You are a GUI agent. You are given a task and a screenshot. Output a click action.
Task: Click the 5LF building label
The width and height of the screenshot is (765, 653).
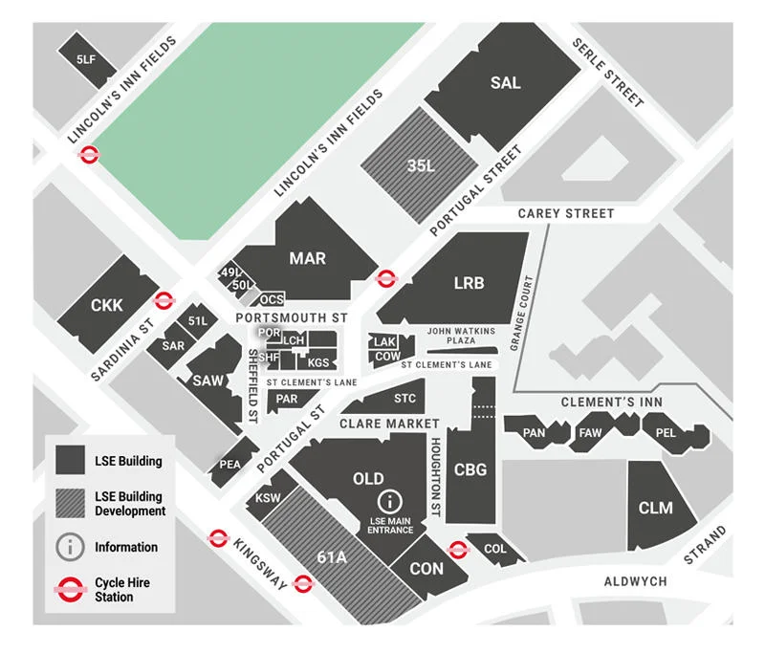pyautogui.click(x=86, y=59)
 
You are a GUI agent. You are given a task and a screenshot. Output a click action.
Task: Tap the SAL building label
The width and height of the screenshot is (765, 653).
pyautogui.click(x=505, y=83)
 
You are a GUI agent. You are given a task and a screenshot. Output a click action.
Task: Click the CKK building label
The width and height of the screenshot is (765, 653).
pyautogui.click(x=106, y=305)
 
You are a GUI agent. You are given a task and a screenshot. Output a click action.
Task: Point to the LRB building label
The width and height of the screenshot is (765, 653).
pyautogui.click(x=469, y=283)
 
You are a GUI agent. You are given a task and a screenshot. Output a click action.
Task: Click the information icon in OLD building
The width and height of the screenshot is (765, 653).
pyautogui.click(x=389, y=501)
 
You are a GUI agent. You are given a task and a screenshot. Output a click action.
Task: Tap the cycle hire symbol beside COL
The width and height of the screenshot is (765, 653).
pyautogui.click(x=458, y=549)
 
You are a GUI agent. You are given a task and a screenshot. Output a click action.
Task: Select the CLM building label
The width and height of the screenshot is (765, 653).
pyautogui.click(x=655, y=508)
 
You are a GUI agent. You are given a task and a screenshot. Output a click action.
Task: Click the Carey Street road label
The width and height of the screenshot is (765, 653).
pyautogui.click(x=565, y=213)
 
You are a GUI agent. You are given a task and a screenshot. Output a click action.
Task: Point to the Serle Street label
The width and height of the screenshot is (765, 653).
pyautogui.click(x=607, y=73)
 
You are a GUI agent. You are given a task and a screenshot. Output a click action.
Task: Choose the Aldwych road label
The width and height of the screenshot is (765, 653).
pyautogui.click(x=635, y=581)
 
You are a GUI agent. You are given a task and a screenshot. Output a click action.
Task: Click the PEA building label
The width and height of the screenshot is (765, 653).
pyautogui.click(x=230, y=464)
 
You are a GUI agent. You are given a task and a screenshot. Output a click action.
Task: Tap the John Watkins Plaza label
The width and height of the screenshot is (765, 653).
pyautogui.click(x=461, y=336)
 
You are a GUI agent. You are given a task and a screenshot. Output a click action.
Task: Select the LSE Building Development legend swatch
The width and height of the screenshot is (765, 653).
pyautogui.click(x=70, y=504)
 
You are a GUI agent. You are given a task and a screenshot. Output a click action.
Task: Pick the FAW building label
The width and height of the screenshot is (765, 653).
pyautogui.click(x=590, y=433)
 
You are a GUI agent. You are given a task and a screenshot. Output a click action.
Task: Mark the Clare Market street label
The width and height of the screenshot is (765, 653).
pyautogui.click(x=389, y=423)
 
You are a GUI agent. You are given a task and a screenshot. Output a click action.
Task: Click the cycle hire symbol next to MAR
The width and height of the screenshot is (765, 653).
pyautogui.click(x=386, y=278)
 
